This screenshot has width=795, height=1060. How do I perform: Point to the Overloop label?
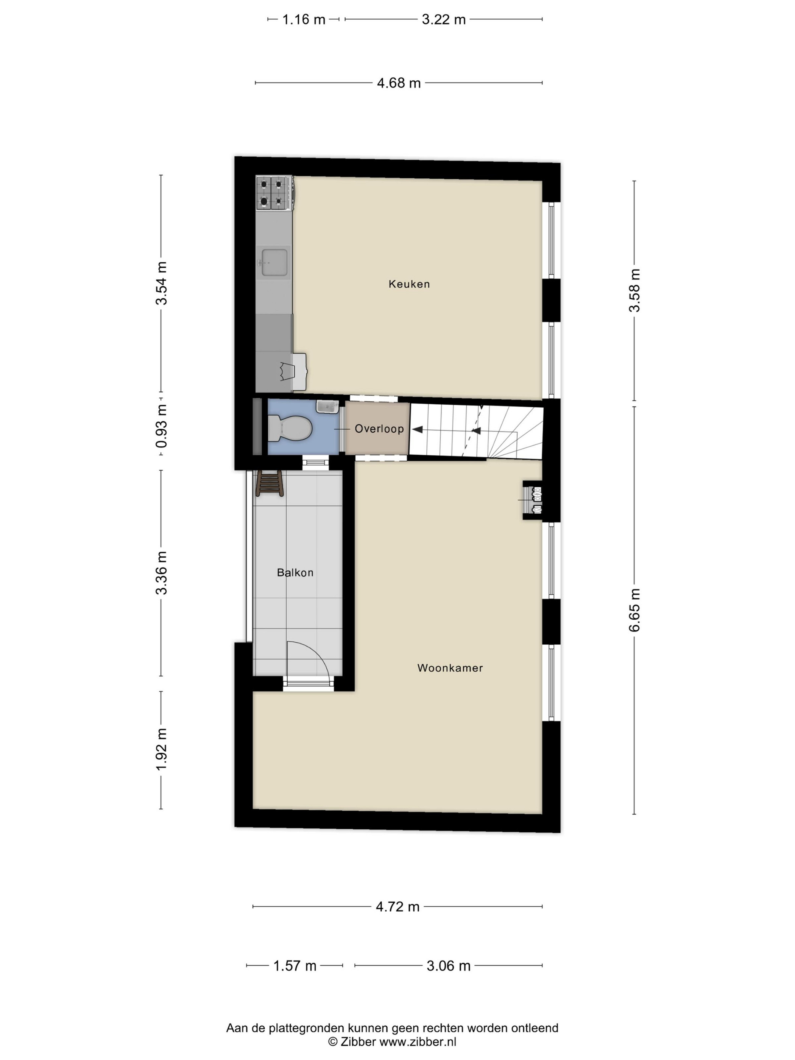[379, 429]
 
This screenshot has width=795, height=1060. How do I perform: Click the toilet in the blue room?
[290, 428]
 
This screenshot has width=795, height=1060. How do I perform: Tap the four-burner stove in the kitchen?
[274, 193]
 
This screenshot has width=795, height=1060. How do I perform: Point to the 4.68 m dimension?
[399, 83]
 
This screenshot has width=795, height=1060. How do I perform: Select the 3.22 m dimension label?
[444, 20]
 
